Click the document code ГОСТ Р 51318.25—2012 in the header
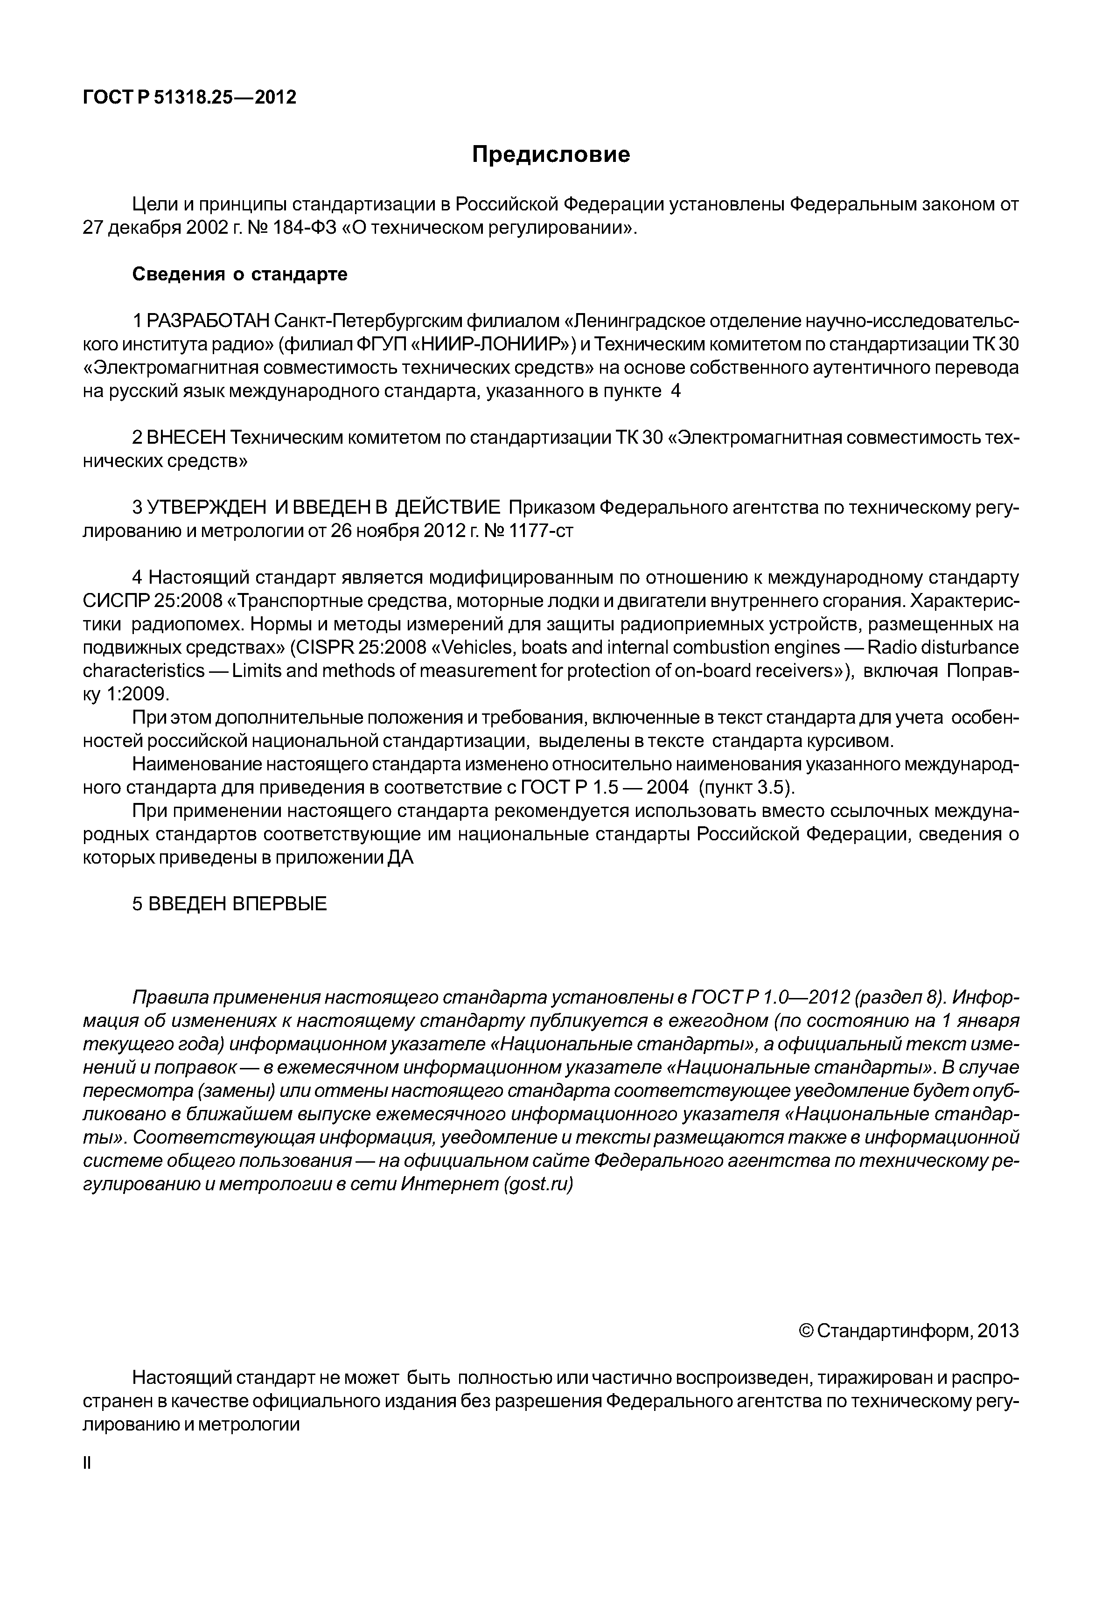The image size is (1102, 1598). click(189, 98)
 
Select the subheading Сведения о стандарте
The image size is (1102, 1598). click(240, 274)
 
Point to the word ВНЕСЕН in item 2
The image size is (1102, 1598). click(187, 438)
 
